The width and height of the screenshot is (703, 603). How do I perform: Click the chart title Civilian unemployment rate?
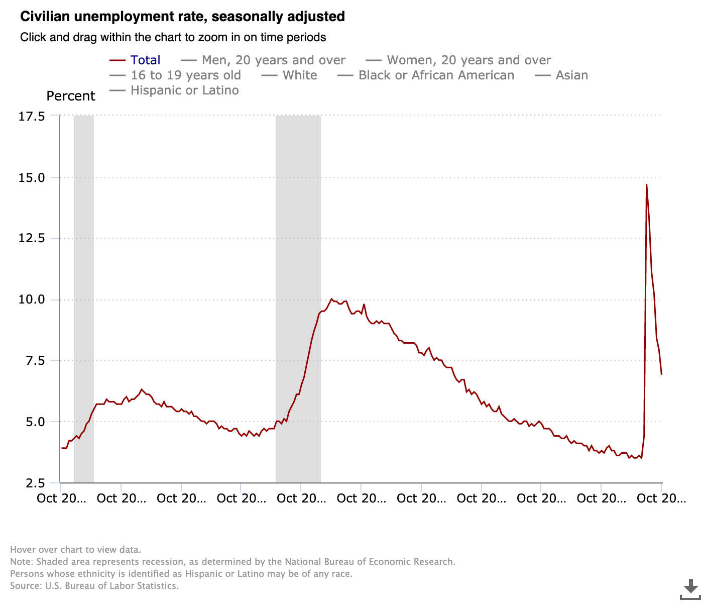[x=182, y=17]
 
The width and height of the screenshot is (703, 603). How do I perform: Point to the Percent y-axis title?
[x=71, y=96]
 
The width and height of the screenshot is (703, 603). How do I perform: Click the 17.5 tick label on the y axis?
[x=32, y=117]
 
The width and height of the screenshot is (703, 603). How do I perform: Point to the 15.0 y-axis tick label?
[x=32, y=178]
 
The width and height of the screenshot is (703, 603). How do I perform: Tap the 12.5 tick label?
[x=32, y=239]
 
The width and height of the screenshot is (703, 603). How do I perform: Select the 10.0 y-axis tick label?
[x=32, y=300]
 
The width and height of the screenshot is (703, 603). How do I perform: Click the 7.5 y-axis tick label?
[x=36, y=361]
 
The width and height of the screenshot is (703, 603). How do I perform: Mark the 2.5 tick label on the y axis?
[x=36, y=483]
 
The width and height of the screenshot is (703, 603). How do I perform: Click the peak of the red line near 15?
[x=646, y=185]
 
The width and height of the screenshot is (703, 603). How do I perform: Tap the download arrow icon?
[x=691, y=588]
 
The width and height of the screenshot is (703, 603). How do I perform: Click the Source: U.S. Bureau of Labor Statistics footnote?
[x=94, y=586]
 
